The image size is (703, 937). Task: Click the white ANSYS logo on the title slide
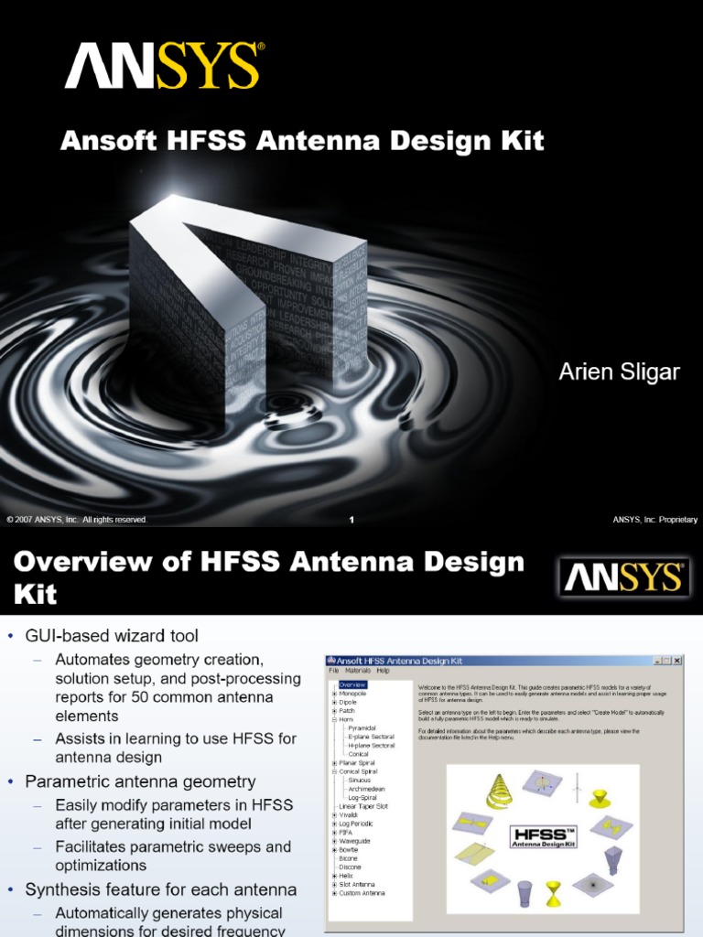[164, 68]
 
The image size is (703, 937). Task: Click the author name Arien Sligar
[620, 372]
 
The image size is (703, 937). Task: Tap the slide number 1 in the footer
[351, 520]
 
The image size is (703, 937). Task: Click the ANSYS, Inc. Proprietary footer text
[655, 520]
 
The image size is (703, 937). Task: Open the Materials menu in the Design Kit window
[358, 671]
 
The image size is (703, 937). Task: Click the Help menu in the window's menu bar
[384, 671]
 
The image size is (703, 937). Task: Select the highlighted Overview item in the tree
[352, 684]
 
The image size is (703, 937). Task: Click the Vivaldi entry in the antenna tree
[351, 814]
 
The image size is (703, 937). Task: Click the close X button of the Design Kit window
[677, 660]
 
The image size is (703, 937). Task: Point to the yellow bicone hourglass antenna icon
[555, 894]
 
